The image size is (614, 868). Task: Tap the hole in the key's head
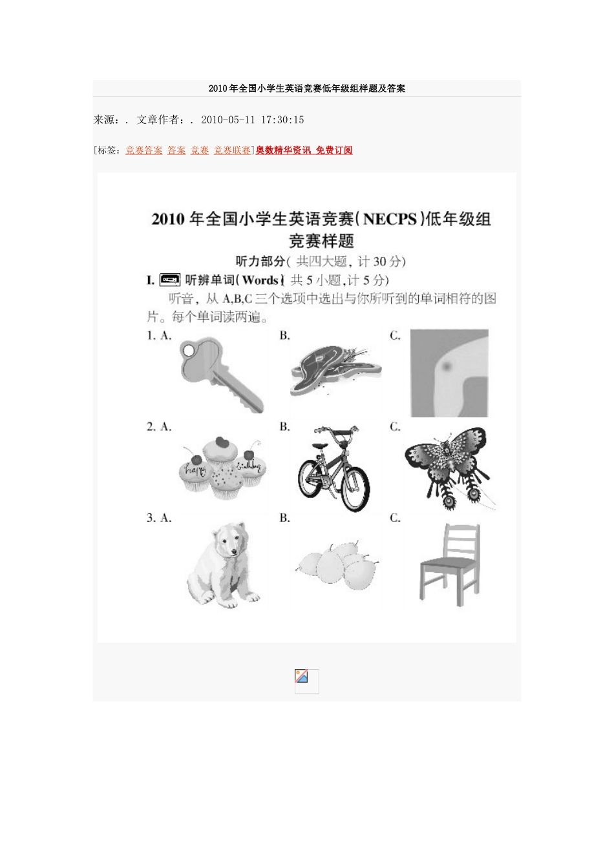coord(188,351)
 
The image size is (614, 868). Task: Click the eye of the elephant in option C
coord(446,366)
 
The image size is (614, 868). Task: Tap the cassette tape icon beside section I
coord(170,280)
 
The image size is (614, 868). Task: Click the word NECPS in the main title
coord(390,219)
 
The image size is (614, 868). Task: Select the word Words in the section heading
coord(260,280)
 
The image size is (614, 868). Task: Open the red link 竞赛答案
coord(144,150)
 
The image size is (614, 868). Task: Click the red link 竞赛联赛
coord(232,150)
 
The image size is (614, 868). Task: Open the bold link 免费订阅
coord(334,150)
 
